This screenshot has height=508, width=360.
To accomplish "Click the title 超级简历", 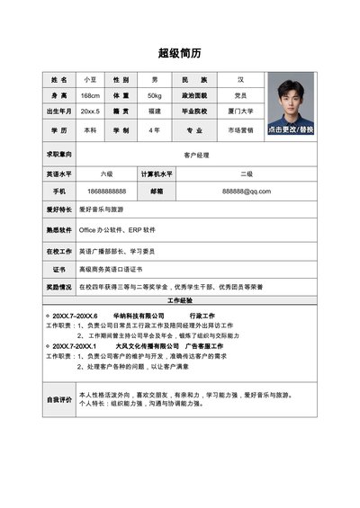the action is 180,51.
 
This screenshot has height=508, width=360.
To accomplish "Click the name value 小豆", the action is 90,80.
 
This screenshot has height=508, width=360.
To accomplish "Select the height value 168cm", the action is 90,95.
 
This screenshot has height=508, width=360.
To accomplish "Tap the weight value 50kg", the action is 154,95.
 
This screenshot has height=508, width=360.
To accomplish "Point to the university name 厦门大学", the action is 240,111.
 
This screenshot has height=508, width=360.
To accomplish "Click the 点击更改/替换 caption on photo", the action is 290,129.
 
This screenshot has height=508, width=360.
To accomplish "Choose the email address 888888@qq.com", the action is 246,192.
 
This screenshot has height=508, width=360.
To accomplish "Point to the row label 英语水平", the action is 58,174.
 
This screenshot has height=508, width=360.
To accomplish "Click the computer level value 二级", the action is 246,174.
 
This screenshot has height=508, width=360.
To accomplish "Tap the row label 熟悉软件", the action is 58,230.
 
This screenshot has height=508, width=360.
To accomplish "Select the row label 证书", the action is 58,269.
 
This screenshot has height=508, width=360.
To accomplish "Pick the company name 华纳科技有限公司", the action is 138,316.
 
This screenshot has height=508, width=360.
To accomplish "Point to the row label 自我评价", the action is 58,399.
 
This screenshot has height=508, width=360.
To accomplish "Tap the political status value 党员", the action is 240,95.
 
